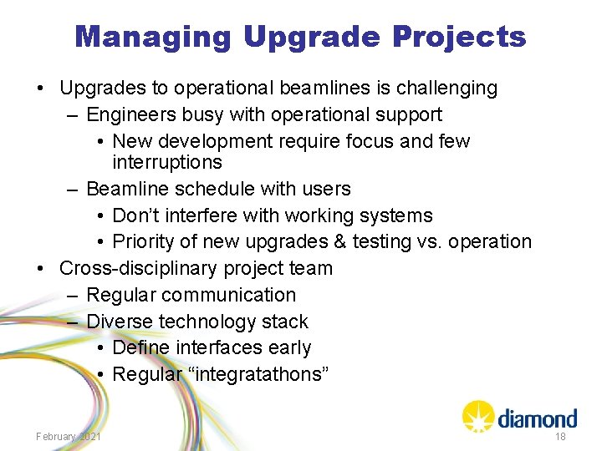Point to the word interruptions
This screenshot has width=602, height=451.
[167, 162]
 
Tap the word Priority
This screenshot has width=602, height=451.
[146, 242]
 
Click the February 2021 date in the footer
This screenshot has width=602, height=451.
[69, 437]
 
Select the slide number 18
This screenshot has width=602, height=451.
[559, 437]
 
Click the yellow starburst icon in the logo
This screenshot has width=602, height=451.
[477, 415]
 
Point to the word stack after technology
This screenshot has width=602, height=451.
[285, 322]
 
